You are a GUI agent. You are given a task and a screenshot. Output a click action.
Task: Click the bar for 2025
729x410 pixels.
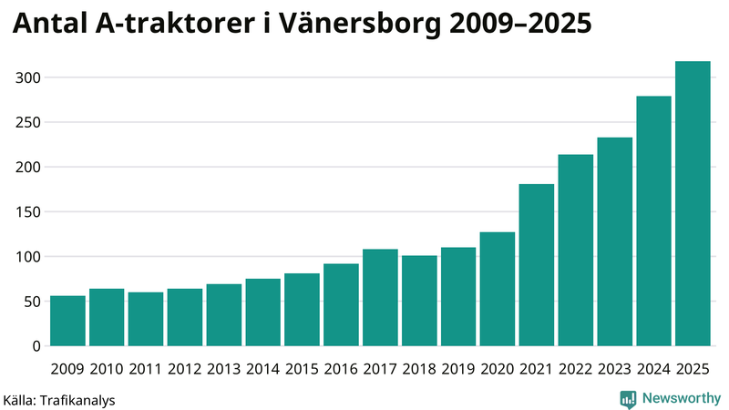click(x=693, y=204)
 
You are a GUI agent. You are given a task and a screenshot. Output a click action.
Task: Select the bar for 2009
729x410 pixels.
click(x=67, y=321)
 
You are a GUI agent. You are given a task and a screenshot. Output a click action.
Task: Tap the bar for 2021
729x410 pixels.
click(x=537, y=265)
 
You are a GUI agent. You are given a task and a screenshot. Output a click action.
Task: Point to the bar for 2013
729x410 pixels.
click(x=224, y=315)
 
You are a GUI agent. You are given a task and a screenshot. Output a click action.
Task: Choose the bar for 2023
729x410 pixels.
click(x=614, y=241)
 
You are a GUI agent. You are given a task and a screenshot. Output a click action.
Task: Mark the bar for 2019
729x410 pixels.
click(x=458, y=297)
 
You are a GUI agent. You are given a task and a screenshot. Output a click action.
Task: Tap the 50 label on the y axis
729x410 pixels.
click(x=33, y=302)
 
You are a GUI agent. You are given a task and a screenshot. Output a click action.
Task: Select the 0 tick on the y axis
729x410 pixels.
click(x=37, y=346)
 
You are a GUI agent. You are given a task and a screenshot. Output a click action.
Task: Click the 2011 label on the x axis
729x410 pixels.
click(x=146, y=368)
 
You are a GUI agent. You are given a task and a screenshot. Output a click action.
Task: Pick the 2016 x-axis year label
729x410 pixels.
click(x=341, y=368)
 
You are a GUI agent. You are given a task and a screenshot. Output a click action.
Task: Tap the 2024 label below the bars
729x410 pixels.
click(x=653, y=368)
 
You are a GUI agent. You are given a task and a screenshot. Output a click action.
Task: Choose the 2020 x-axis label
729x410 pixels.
click(x=498, y=368)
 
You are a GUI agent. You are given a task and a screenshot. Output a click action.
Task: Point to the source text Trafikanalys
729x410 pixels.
click(x=77, y=400)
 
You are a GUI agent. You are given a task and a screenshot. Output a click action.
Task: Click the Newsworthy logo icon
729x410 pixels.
click(x=628, y=398)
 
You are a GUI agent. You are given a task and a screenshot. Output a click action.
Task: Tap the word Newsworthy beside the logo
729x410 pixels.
click(x=681, y=398)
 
